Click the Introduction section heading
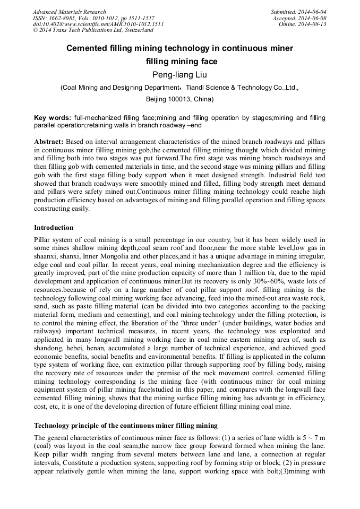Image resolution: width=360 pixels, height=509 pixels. click(54, 228)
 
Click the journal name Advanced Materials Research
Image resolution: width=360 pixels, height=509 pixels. click(69, 12)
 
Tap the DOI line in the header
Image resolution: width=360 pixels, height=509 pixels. click(98, 24)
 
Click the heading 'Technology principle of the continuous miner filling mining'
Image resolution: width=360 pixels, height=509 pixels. click(126, 425)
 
